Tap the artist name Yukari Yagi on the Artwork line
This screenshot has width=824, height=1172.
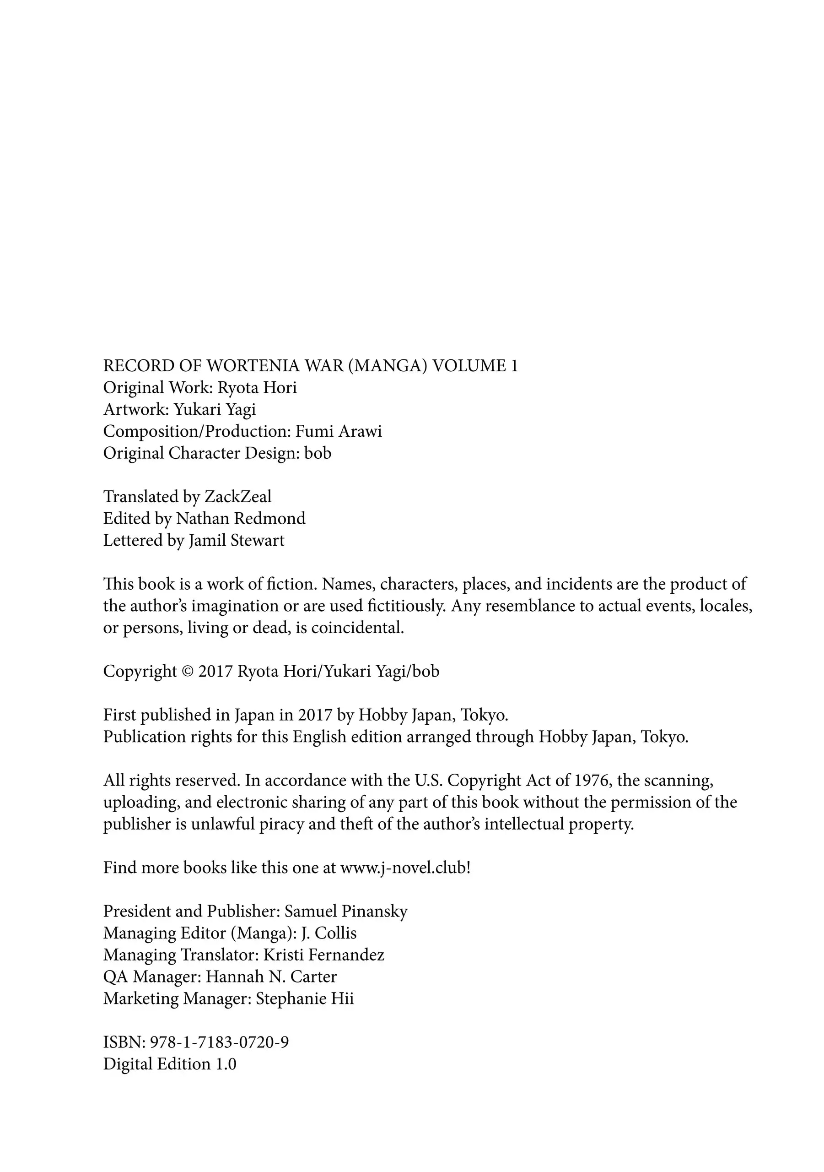click(x=214, y=409)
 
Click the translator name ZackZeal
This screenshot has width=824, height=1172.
click(x=238, y=497)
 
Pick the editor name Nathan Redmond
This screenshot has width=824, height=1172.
click(x=240, y=519)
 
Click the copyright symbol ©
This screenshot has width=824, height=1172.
click(x=187, y=671)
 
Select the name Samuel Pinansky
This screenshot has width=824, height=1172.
click(x=346, y=911)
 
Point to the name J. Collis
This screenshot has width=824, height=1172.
click(x=329, y=933)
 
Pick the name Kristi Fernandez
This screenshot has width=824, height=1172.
click(x=323, y=955)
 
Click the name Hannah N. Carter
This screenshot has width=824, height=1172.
click(x=271, y=977)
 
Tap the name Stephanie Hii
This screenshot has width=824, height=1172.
click(x=305, y=998)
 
